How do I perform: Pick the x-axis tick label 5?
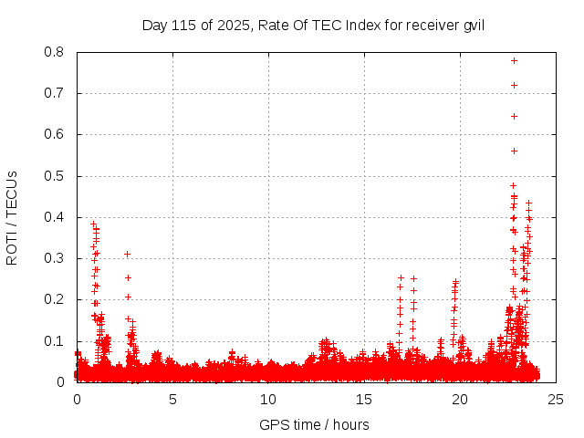pyautogui.click(x=172, y=400)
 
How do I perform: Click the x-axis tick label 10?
pyautogui.click(x=268, y=400)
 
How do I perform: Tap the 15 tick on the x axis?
pyautogui.click(x=364, y=400)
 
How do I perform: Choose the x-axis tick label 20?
pyautogui.click(x=460, y=400)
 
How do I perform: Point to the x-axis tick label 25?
pyautogui.click(x=556, y=400)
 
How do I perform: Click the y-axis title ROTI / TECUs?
pyautogui.click(x=13, y=217)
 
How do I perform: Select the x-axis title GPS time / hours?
pyautogui.click(x=314, y=424)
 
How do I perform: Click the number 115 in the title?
pyautogui.click(x=183, y=25)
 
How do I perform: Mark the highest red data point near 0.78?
pyautogui.click(x=515, y=60)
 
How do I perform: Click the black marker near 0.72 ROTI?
pyautogui.click(x=515, y=85)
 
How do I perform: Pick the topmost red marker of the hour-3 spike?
pyautogui.click(x=128, y=254)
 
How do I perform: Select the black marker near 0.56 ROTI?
pyautogui.click(x=514, y=151)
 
